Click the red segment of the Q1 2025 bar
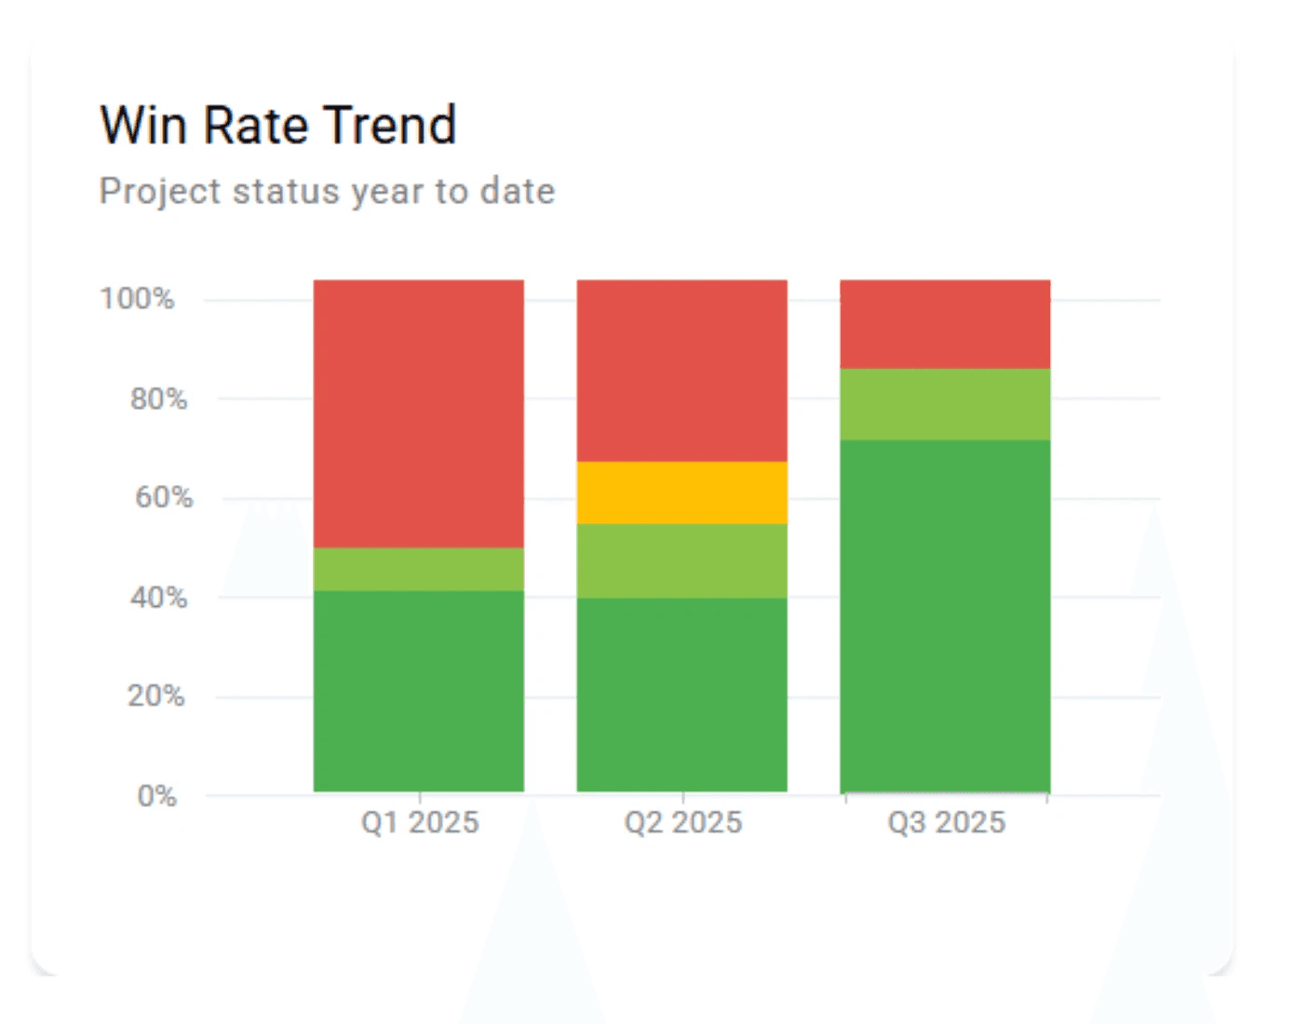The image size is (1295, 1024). pyautogui.click(x=418, y=413)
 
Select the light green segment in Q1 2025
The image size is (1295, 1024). pyautogui.click(x=418, y=569)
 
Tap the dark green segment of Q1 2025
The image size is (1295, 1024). pyautogui.click(x=418, y=691)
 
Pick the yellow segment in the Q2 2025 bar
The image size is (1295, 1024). pyautogui.click(x=681, y=492)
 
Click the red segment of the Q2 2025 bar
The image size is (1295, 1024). pyautogui.click(x=681, y=371)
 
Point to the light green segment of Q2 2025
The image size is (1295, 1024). pyautogui.click(x=681, y=560)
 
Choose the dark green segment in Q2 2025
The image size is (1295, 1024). pyautogui.click(x=681, y=694)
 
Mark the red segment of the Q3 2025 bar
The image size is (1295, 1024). pyautogui.click(x=945, y=324)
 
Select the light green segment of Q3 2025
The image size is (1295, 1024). pyautogui.click(x=945, y=404)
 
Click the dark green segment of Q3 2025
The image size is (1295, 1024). pyautogui.click(x=945, y=615)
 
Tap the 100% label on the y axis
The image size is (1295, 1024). pyautogui.click(x=137, y=299)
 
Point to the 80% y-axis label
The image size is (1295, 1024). pyautogui.click(x=158, y=399)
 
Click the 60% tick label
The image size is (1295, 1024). pyautogui.click(x=164, y=497)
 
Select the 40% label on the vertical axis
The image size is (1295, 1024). pyautogui.click(x=158, y=597)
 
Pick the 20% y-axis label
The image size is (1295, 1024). pyautogui.click(x=156, y=695)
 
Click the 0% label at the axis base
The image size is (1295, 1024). pyautogui.click(x=156, y=796)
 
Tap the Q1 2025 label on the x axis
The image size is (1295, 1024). pyautogui.click(x=420, y=823)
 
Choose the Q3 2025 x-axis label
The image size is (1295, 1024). pyautogui.click(x=947, y=823)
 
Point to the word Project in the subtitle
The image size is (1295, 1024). pyautogui.click(x=160, y=191)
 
